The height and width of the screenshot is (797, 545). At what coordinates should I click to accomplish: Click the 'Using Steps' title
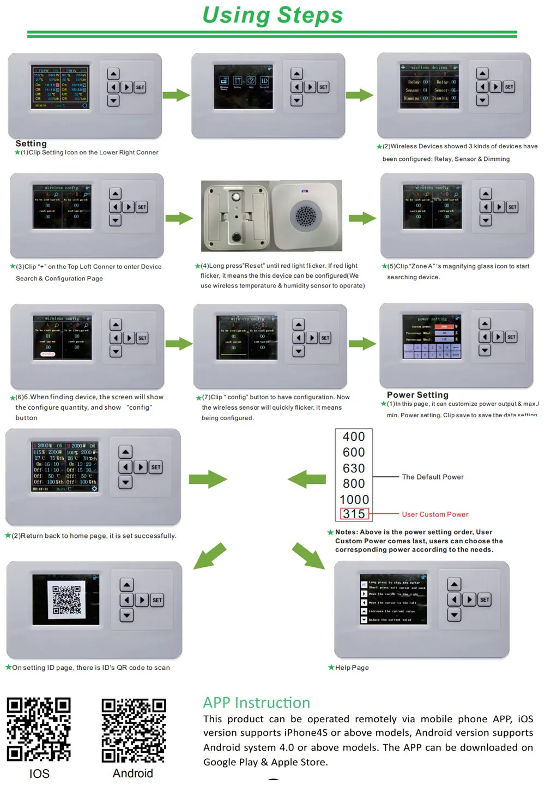(272, 15)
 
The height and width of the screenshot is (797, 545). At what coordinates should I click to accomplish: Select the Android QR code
(134, 730)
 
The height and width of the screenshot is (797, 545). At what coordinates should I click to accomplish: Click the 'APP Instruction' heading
(257, 703)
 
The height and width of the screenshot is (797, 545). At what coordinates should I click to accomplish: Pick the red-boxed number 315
(354, 514)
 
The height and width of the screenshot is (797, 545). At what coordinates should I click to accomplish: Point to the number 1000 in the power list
(354, 499)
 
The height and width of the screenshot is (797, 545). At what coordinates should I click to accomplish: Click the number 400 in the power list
(354, 436)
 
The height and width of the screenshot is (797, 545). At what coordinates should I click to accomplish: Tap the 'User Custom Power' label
(435, 514)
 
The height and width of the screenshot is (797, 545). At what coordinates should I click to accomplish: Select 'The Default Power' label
(433, 477)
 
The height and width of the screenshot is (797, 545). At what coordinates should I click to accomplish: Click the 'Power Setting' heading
(417, 394)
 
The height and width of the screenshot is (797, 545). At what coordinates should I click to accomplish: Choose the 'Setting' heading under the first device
(31, 143)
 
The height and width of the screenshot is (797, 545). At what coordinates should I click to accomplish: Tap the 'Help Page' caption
(352, 668)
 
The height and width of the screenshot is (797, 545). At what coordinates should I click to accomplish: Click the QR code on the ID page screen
(66, 600)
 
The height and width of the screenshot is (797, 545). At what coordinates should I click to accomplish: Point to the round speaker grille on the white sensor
(305, 215)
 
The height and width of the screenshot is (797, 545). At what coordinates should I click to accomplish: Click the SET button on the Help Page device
(485, 600)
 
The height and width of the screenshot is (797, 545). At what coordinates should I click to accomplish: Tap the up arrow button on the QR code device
(126, 585)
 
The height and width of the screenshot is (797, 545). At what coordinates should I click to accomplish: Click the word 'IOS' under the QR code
(39, 774)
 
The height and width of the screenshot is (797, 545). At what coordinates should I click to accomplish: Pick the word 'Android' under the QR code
(133, 774)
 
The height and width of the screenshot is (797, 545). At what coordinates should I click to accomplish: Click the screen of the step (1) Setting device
(60, 87)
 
